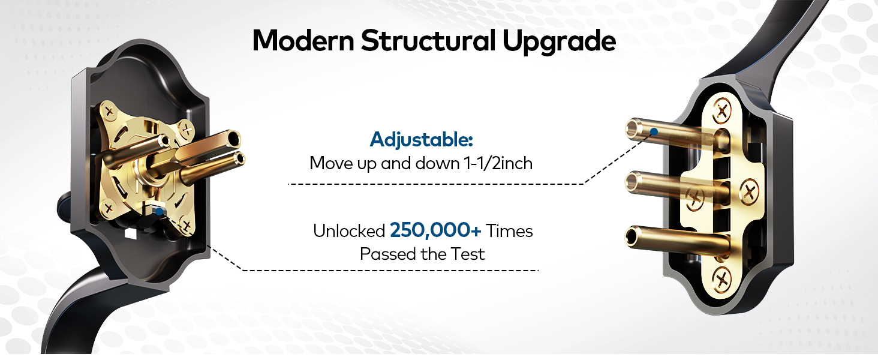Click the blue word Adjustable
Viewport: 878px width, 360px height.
tap(422, 140)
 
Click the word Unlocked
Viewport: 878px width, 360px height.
tap(348, 231)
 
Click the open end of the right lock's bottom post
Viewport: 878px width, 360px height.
tap(632, 235)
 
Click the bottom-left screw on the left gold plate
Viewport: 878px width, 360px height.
tap(109, 208)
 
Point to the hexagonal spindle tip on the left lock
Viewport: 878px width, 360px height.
tap(234, 140)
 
